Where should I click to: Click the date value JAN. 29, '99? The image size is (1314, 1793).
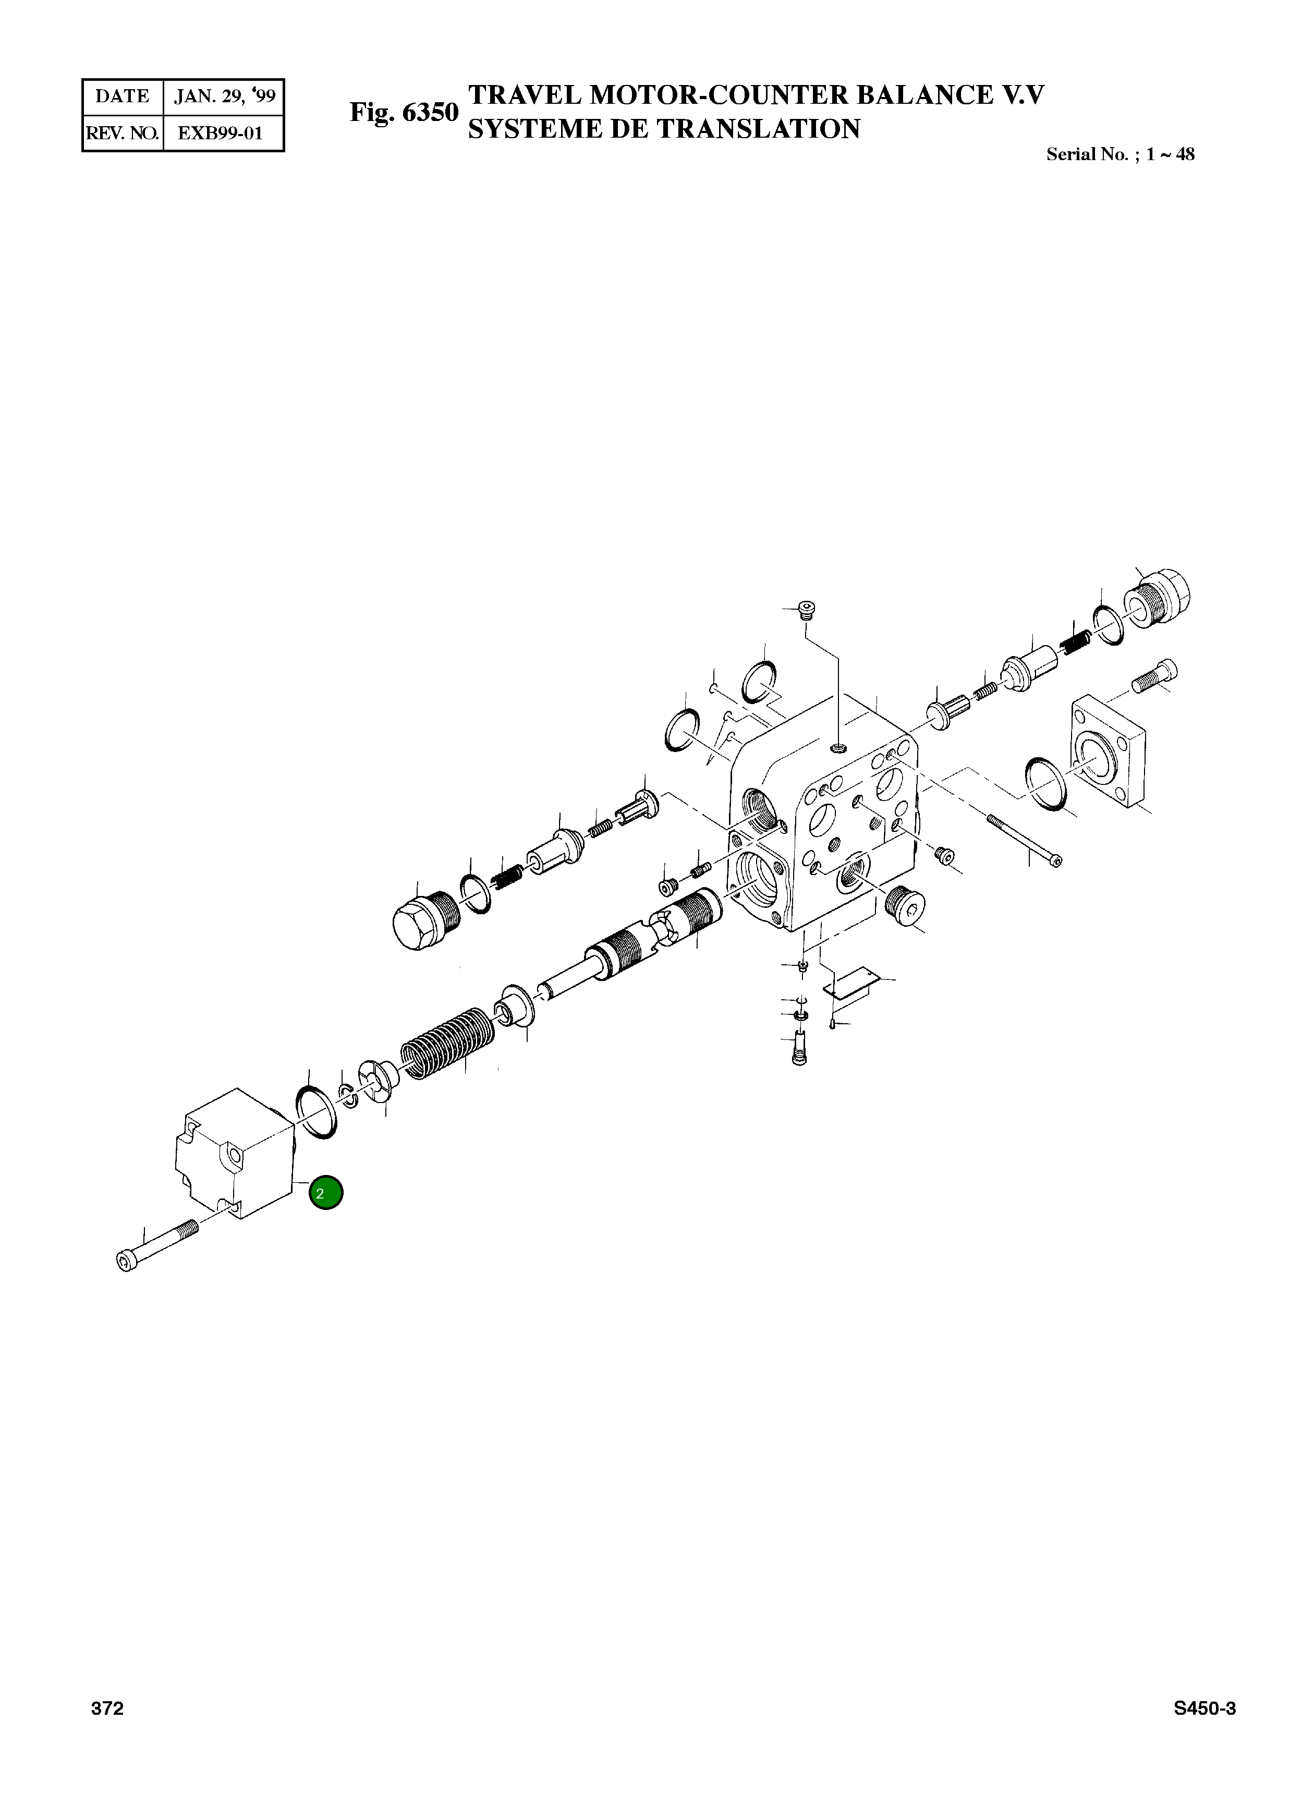(224, 97)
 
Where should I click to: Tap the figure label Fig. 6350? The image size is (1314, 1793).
(404, 112)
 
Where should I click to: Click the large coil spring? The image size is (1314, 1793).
(448, 1043)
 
